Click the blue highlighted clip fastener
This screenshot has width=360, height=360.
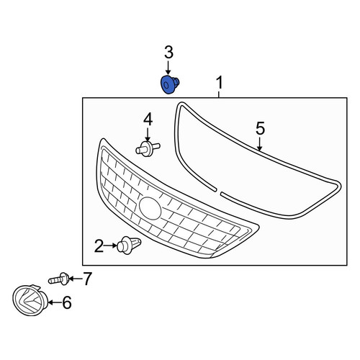[x=170, y=84]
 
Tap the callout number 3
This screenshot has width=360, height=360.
[x=168, y=53]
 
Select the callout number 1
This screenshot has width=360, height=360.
[x=220, y=83]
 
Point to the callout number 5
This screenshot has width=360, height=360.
[x=260, y=128]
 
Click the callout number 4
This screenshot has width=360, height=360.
[x=148, y=120]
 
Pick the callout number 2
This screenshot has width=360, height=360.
[x=99, y=246]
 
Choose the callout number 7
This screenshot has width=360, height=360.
[x=87, y=279]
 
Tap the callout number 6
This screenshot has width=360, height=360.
[x=67, y=302]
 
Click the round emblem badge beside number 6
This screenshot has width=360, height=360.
[x=30, y=300]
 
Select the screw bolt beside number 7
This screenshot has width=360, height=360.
[x=59, y=279]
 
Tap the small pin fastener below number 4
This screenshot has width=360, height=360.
[x=148, y=149]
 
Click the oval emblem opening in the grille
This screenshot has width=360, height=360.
[x=150, y=208]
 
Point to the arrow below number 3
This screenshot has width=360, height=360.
[x=168, y=68]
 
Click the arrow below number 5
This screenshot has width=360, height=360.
[x=259, y=144]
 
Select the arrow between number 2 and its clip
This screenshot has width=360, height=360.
[x=110, y=246]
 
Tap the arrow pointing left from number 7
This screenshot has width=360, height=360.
[x=76, y=279]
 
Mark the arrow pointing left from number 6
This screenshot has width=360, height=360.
[x=55, y=302]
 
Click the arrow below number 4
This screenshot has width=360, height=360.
[x=148, y=135]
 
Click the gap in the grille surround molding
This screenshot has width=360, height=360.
[x=219, y=192]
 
